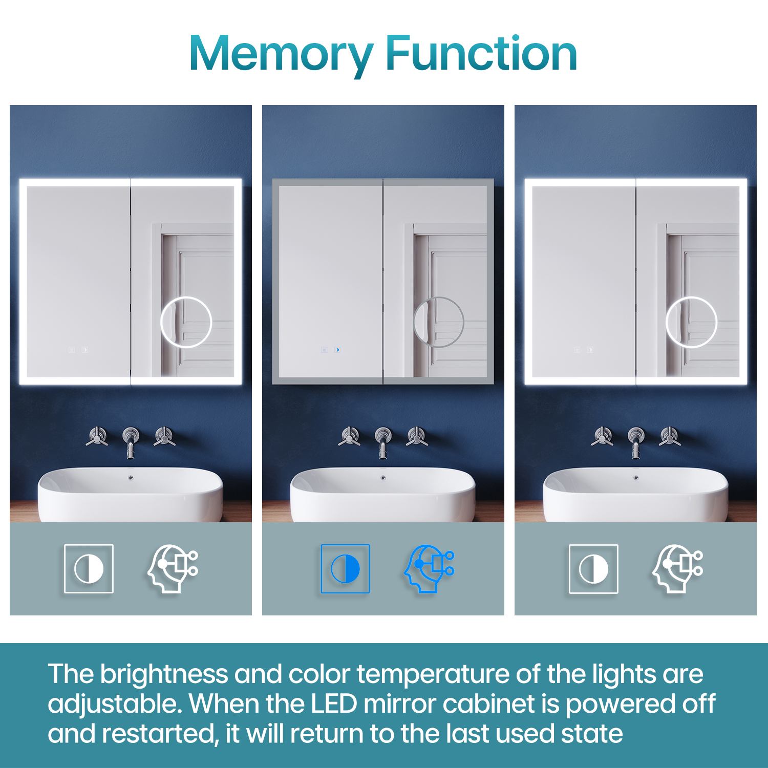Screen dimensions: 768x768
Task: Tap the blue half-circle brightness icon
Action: click(x=345, y=569)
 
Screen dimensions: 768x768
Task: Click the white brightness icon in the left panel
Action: click(x=89, y=569)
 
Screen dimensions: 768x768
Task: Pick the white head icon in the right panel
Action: click(x=678, y=569)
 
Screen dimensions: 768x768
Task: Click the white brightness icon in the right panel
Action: click(x=593, y=569)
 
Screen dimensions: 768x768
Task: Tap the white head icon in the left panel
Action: click(x=173, y=569)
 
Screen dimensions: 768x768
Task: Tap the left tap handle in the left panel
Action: click(x=97, y=437)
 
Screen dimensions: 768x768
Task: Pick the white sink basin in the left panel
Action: click(x=130, y=494)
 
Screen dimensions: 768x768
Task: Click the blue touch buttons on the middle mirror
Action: click(x=330, y=350)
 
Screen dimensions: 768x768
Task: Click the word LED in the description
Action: click(x=334, y=704)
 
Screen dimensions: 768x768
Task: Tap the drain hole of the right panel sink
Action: click(x=636, y=478)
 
